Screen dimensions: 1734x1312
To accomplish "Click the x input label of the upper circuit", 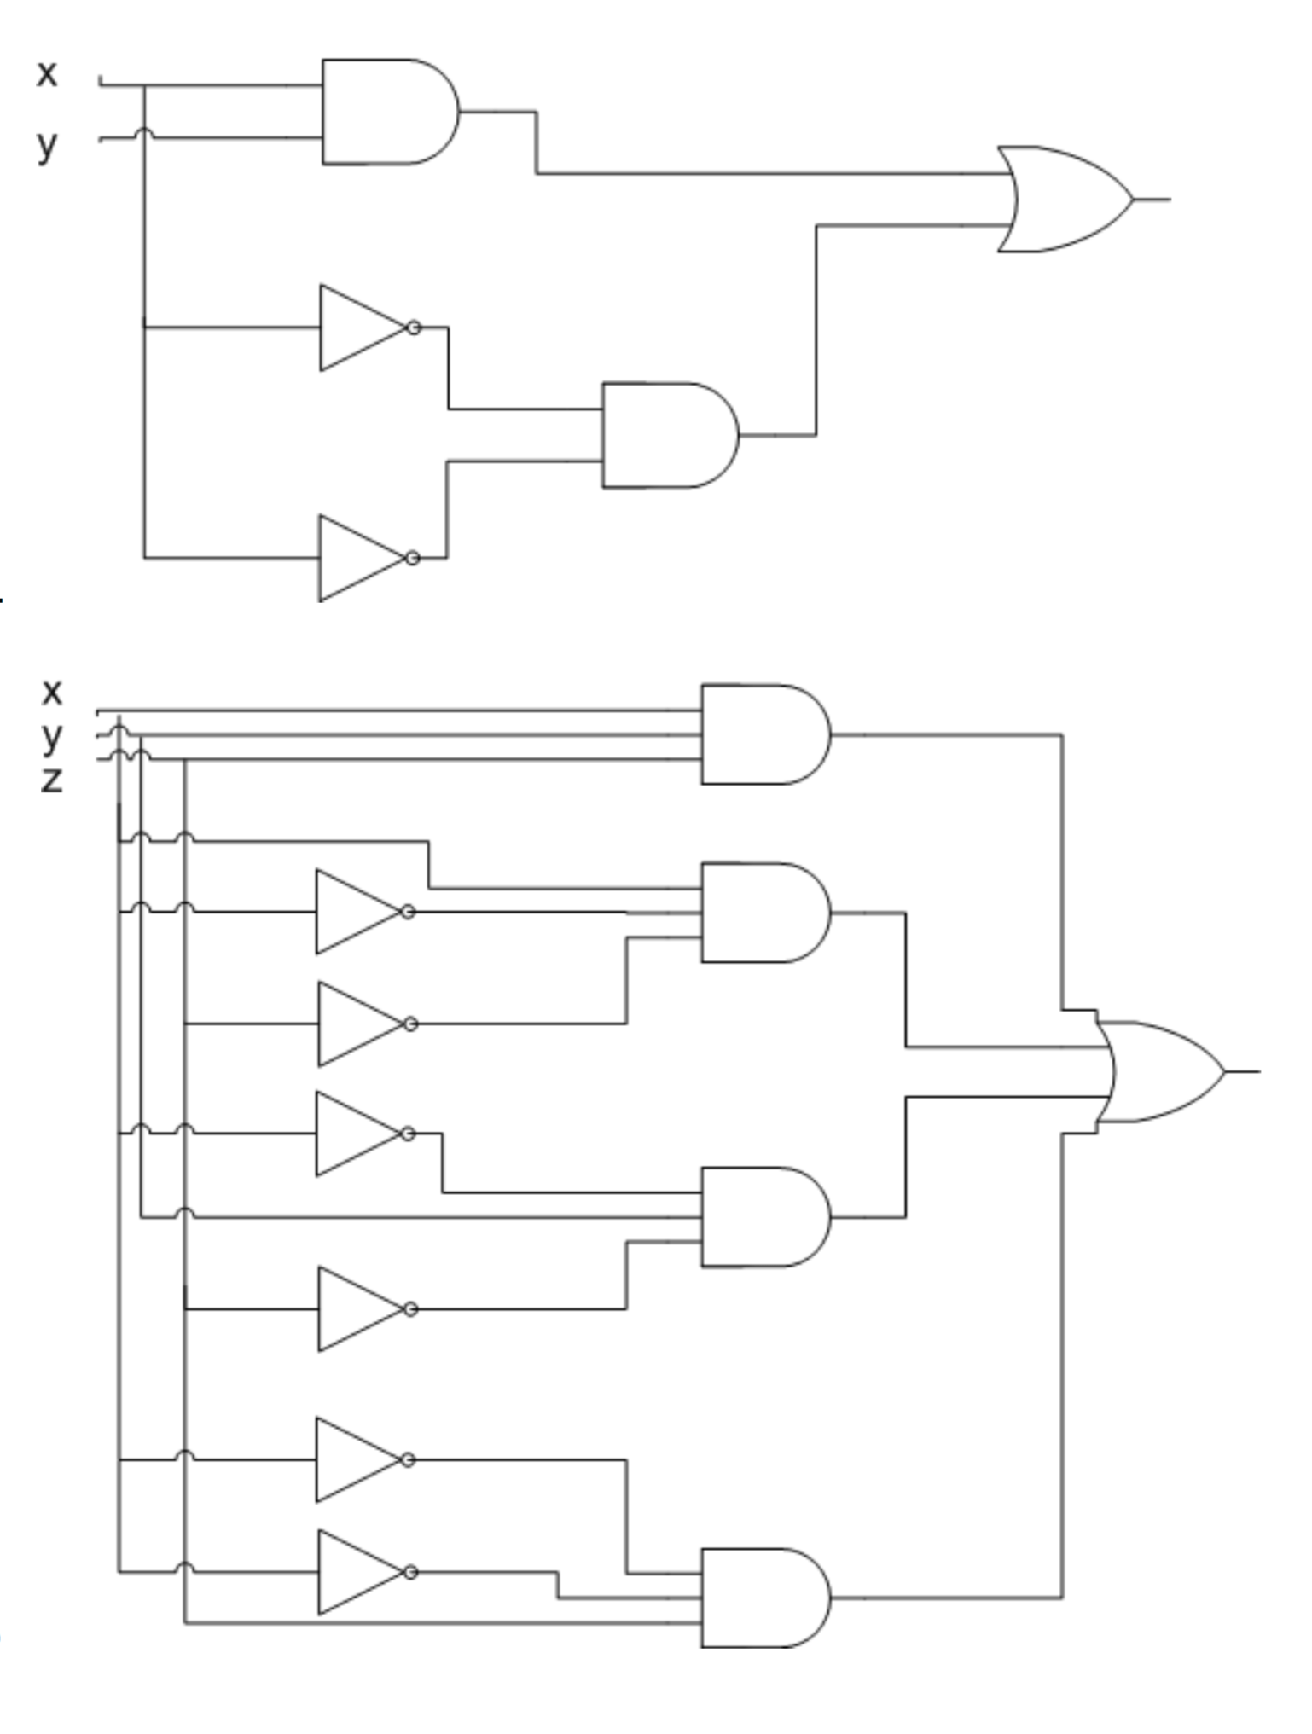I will pyautogui.click(x=47, y=73).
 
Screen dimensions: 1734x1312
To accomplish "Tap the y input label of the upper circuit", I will pyautogui.click(x=47, y=145).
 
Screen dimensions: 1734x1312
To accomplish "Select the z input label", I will pyautogui.click(x=51, y=780).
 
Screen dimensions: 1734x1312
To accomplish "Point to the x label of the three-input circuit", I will pyautogui.click(x=51, y=691).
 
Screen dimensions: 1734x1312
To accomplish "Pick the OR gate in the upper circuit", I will pyautogui.click(x=1062, y=199).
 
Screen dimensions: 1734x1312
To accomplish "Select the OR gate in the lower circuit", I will pyautogui.click(x=1160, y=1071).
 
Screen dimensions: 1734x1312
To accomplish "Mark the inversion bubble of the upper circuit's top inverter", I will pyautogui.click(x=414, y=328).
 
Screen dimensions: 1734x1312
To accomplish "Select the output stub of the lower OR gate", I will pyautogui.click(x=1244, y=1071).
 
